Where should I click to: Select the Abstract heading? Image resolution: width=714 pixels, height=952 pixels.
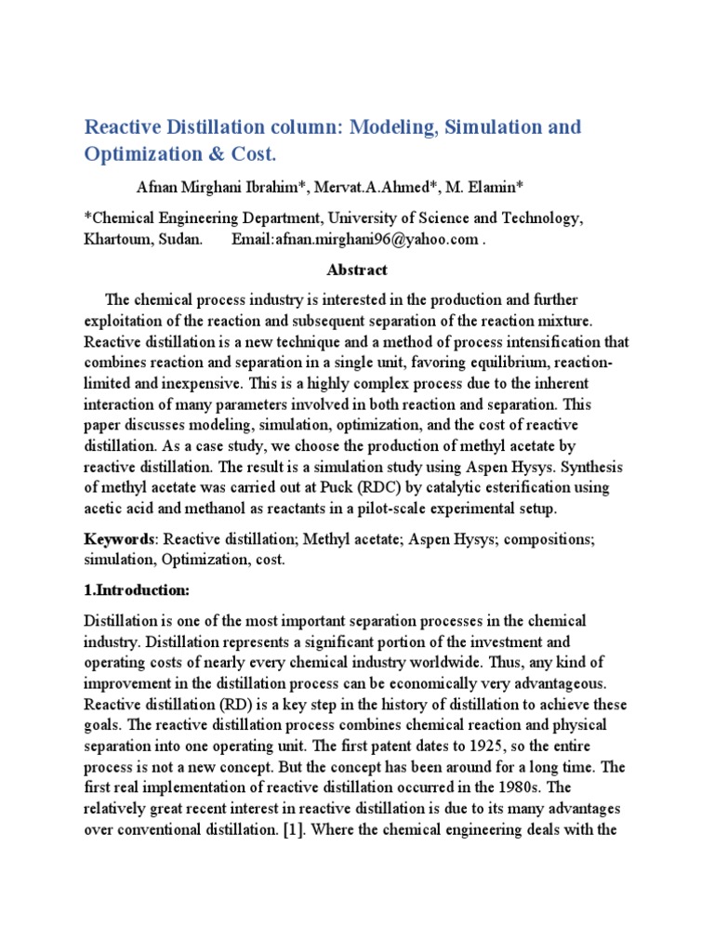pos(357,271)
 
